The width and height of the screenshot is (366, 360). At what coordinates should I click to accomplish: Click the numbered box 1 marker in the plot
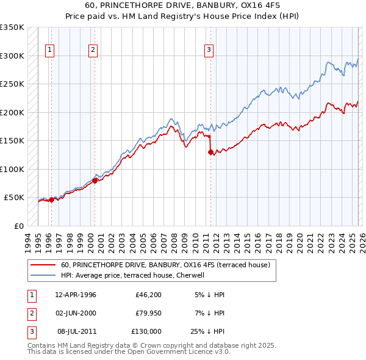[49, 50]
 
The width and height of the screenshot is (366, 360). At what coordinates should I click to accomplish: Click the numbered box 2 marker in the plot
[93, 50]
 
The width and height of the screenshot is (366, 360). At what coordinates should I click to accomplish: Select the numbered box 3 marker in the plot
[209, 50]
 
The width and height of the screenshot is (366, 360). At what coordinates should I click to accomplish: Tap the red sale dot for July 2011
[211, 153]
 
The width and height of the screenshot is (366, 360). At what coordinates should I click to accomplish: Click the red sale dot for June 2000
[95, 181]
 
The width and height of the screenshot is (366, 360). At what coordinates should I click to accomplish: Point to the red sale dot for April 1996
[51, 200]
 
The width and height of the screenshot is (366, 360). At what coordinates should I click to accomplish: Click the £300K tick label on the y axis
[12, 56]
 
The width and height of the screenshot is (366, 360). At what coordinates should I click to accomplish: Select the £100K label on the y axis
[12, 169]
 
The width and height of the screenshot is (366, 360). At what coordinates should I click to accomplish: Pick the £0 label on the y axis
[18, 226]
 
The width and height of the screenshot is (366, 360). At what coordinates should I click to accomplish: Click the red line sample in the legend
[43, 265]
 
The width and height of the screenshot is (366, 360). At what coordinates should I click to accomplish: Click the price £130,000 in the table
[146, 331]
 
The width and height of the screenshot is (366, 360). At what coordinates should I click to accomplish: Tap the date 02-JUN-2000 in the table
[76, 313]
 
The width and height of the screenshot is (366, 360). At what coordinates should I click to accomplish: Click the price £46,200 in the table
[146, 295]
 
